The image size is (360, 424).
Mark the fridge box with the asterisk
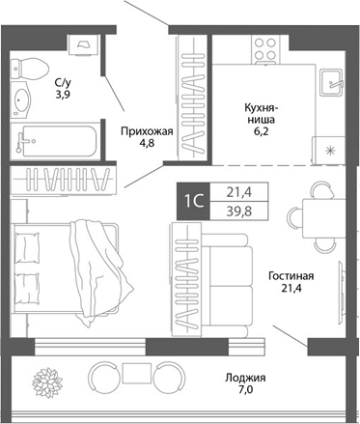coord(330,151)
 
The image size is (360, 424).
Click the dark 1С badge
coord(192,201)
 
